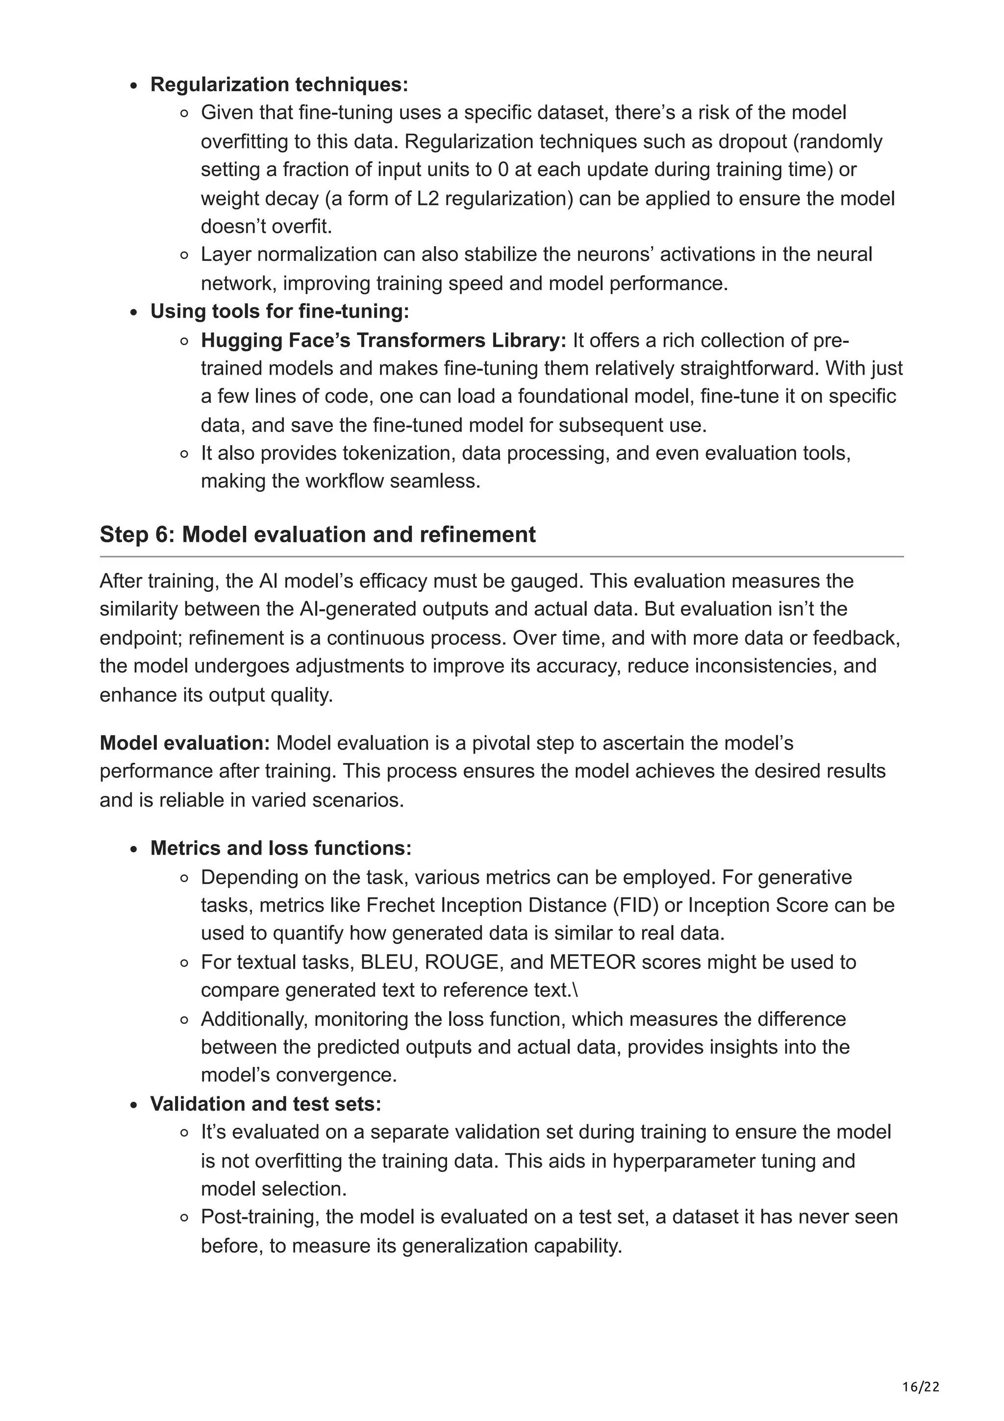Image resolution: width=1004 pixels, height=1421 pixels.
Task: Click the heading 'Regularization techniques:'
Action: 279,84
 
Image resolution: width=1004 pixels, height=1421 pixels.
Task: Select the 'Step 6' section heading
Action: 317,535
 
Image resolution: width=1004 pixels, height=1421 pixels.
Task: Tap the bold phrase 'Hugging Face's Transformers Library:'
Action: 383,340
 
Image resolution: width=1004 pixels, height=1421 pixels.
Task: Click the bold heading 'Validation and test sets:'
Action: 265,1104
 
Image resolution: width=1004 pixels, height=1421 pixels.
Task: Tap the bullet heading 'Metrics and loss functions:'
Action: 281,848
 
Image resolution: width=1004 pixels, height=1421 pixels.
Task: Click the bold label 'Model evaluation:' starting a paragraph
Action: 185,743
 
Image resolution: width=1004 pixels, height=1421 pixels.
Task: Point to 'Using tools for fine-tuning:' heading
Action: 279,311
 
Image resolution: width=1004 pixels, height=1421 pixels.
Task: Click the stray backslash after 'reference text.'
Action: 576,991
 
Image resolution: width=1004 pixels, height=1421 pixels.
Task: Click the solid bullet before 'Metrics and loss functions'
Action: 134,850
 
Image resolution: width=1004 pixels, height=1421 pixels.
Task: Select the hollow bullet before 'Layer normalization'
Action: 184,255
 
